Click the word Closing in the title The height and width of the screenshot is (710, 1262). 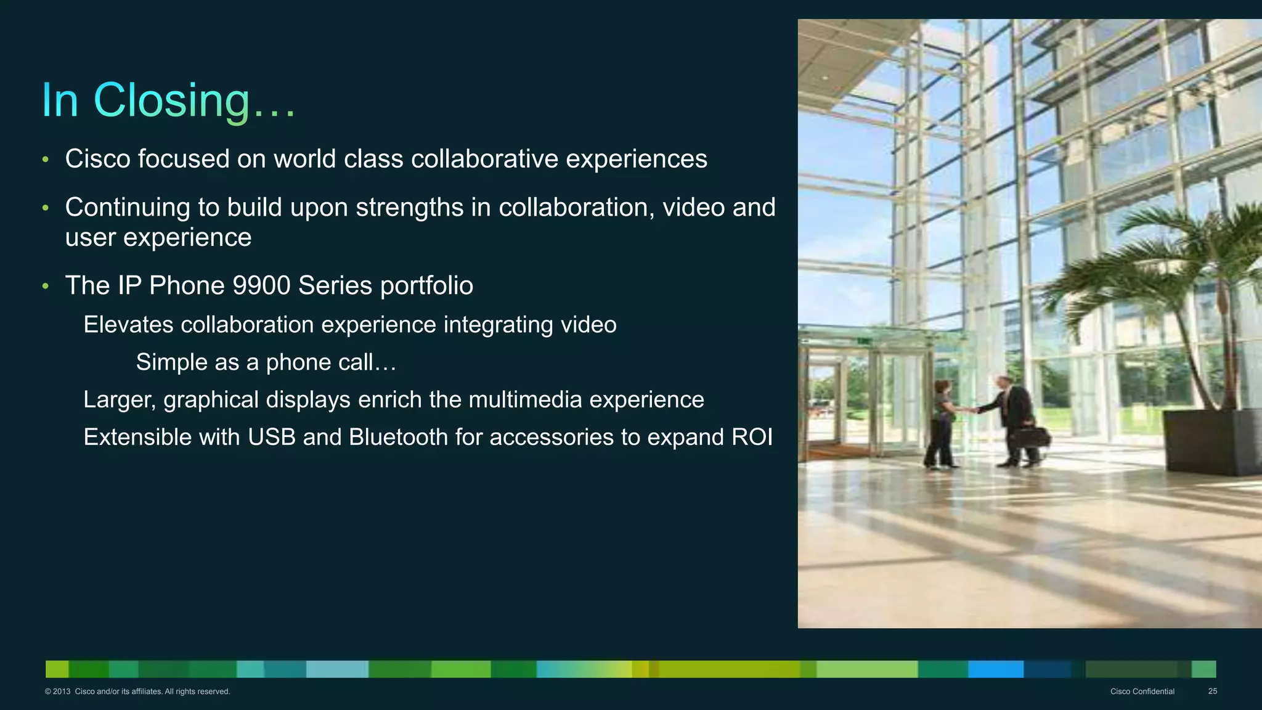click(172, 100)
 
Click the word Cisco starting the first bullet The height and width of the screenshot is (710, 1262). click(97, 159)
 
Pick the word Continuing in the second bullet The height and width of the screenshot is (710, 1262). click(128, 208)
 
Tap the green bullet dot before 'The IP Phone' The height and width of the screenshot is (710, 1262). click(46, 286)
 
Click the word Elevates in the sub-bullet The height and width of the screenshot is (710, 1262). click(128, 325)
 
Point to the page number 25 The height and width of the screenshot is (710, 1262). click(1212, 692)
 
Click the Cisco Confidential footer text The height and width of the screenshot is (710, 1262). click(1142, 692)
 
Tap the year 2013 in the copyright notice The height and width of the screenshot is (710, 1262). click(62, 692)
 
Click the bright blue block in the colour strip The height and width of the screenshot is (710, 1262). click(995, 669)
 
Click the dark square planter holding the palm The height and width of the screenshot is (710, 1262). click(1212, 441)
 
